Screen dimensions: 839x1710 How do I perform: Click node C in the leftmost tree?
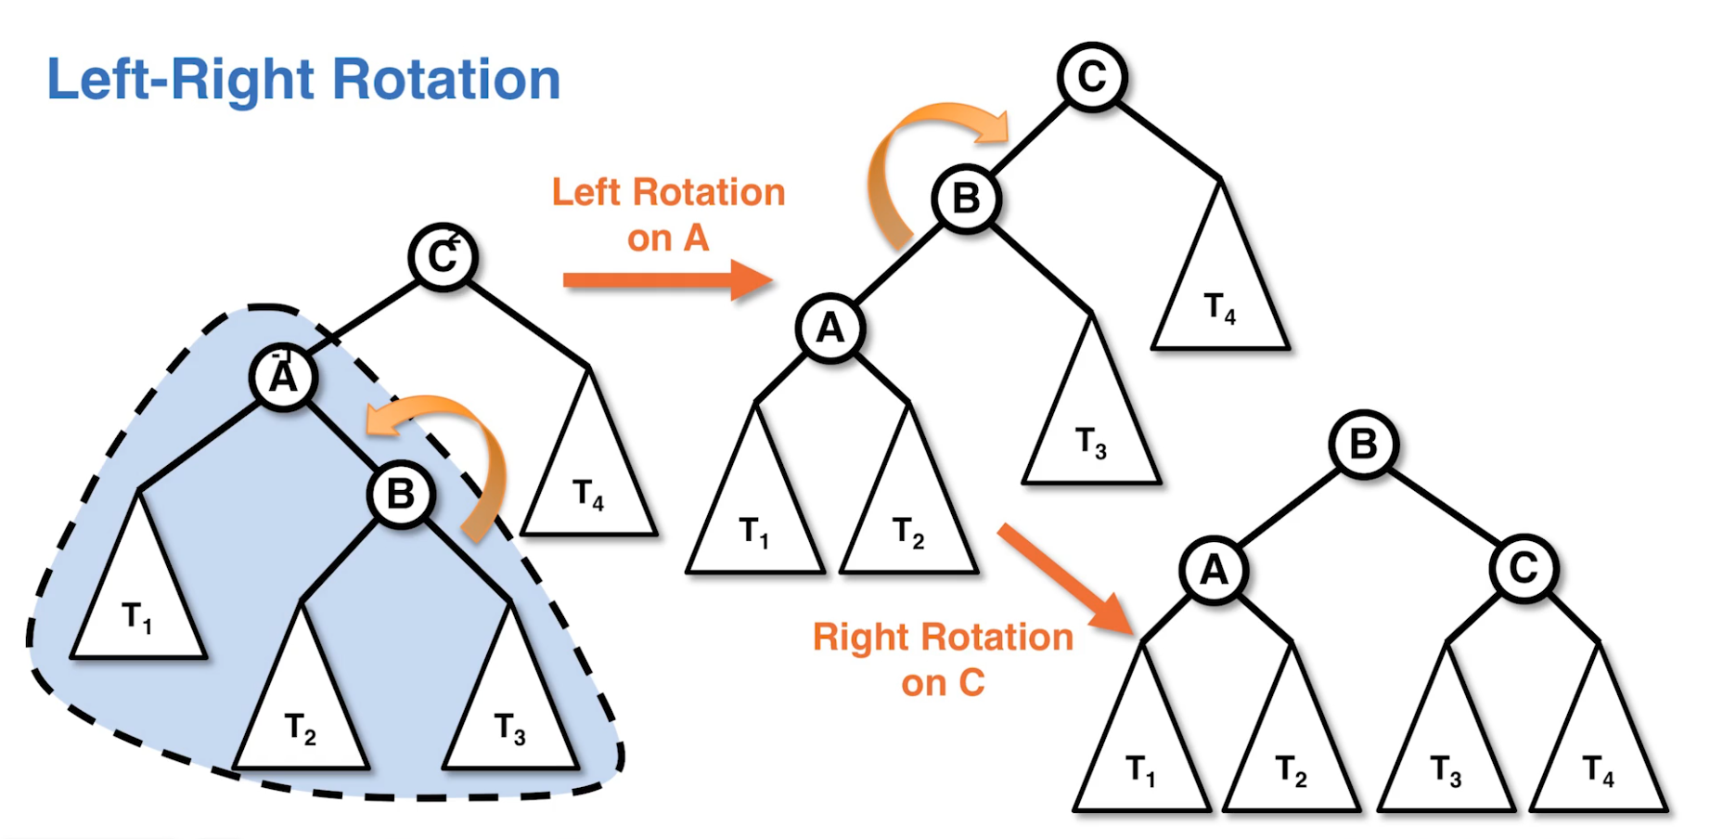coord(443,257)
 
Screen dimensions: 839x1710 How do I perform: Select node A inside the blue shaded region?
coord(283,377)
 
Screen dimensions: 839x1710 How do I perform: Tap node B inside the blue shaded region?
coord(401,494)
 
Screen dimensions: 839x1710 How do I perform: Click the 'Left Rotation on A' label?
coord(668,214)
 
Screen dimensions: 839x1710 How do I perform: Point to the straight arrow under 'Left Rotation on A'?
coord(668,279)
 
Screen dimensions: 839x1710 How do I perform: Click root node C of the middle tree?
coord(1092,77)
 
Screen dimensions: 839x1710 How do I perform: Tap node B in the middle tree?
coord(966,199)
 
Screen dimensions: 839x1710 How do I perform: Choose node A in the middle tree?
coord(829,328)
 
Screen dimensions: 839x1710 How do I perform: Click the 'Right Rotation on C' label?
coord(943,659)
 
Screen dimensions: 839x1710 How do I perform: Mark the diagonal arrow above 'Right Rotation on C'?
coord(1067,579)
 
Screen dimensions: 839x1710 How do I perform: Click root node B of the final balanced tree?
coord(1363,445)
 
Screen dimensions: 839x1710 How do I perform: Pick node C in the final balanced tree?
coord(1524,568)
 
